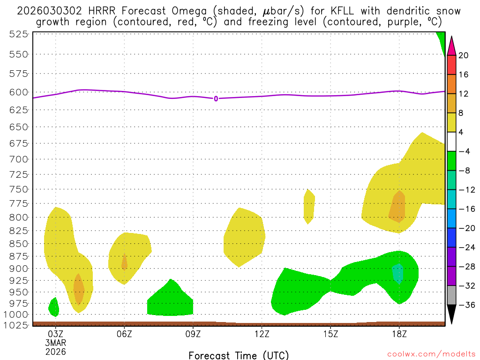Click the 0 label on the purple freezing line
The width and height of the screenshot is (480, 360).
[216, 98]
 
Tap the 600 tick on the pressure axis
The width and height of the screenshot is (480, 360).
[18, 92]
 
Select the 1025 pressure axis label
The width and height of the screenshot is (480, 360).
[18, 324]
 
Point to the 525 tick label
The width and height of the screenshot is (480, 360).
[18, 34]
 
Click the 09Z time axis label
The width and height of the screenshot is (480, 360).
[193, 334]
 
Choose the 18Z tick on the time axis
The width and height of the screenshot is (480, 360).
[399, 334]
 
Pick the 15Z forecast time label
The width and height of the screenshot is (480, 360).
[330, 334]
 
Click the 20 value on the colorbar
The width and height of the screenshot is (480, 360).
[464, 55]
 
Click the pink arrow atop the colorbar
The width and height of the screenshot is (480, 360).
[451, 45]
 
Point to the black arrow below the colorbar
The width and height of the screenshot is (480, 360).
[451, 314]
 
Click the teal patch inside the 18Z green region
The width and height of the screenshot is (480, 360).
[397, 273]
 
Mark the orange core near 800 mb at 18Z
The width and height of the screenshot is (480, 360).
[397, 207]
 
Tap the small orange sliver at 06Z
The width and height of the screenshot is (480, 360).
[124, 262]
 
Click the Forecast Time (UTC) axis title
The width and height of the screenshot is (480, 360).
[239, 355]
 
